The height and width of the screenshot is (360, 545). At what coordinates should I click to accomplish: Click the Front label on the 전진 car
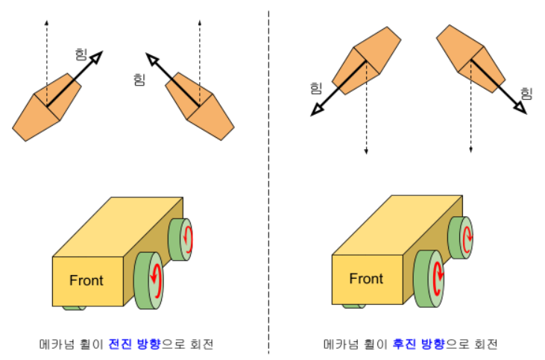[x=86, y=281]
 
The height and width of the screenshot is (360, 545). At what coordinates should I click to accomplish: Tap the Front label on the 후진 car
[x=366, y=279]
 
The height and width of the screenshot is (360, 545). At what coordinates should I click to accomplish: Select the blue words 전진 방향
[x=135, y=344]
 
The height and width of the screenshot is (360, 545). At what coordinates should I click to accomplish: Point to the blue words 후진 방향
[x=418, y=344]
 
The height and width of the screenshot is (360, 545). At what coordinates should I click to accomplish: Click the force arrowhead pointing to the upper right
[x=96, y=57]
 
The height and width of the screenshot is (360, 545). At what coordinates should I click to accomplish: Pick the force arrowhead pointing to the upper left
[x=152, y=60]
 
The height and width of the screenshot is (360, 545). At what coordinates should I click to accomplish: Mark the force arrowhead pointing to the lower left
[x=317, y=110]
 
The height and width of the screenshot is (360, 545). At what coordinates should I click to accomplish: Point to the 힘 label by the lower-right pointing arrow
[x=526, y=93]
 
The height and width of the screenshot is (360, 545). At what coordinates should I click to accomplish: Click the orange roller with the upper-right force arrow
[x=46, y=107]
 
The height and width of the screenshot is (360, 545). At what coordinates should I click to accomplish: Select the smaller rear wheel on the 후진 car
[x=460, y=238]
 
